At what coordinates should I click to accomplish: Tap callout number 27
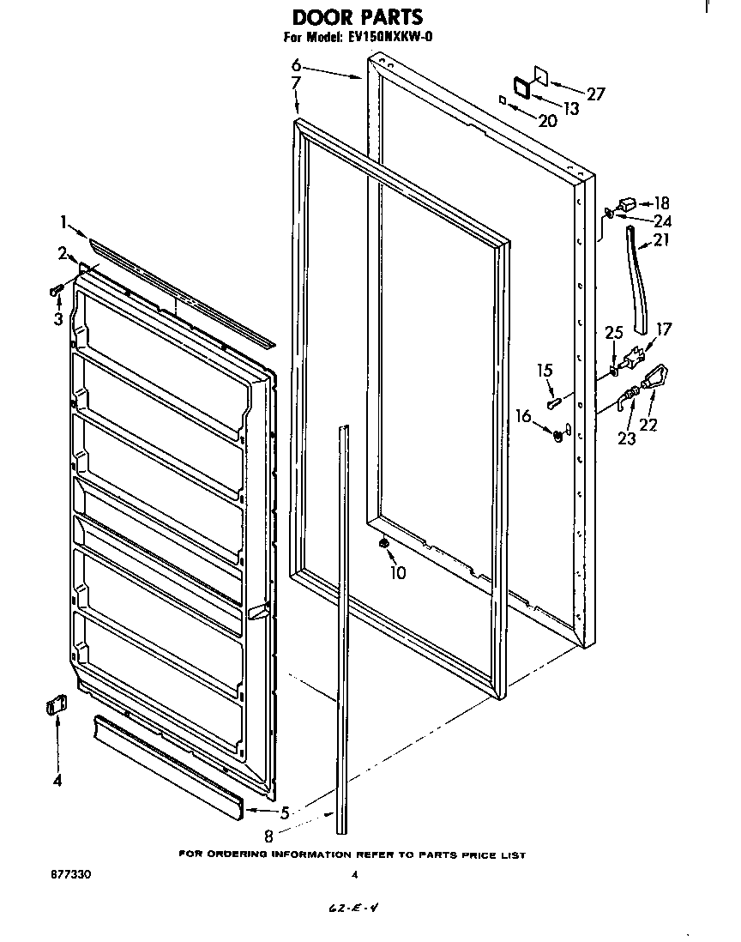tap(595, 94)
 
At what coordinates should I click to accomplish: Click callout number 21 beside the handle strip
tap(660, 240)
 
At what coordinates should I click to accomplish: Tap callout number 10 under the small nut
tap(397, 573)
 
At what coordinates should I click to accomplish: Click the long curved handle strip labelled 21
tap(637, 279)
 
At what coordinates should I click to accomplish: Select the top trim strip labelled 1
tap(180, 293)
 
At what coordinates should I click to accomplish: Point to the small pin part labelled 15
tap(552, 399)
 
